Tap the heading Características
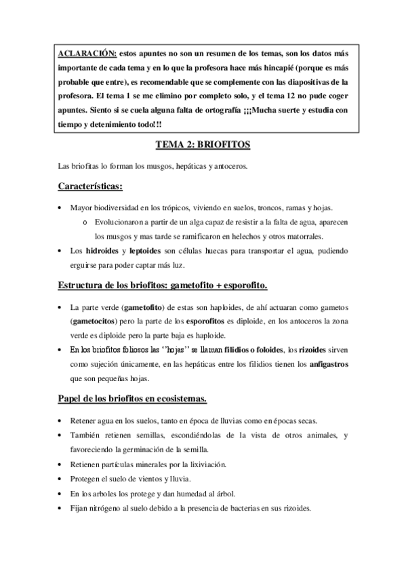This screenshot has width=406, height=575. (89, 185)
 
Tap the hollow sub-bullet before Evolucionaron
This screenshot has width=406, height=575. (83, 222)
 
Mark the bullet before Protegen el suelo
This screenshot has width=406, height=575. (61, 479)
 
